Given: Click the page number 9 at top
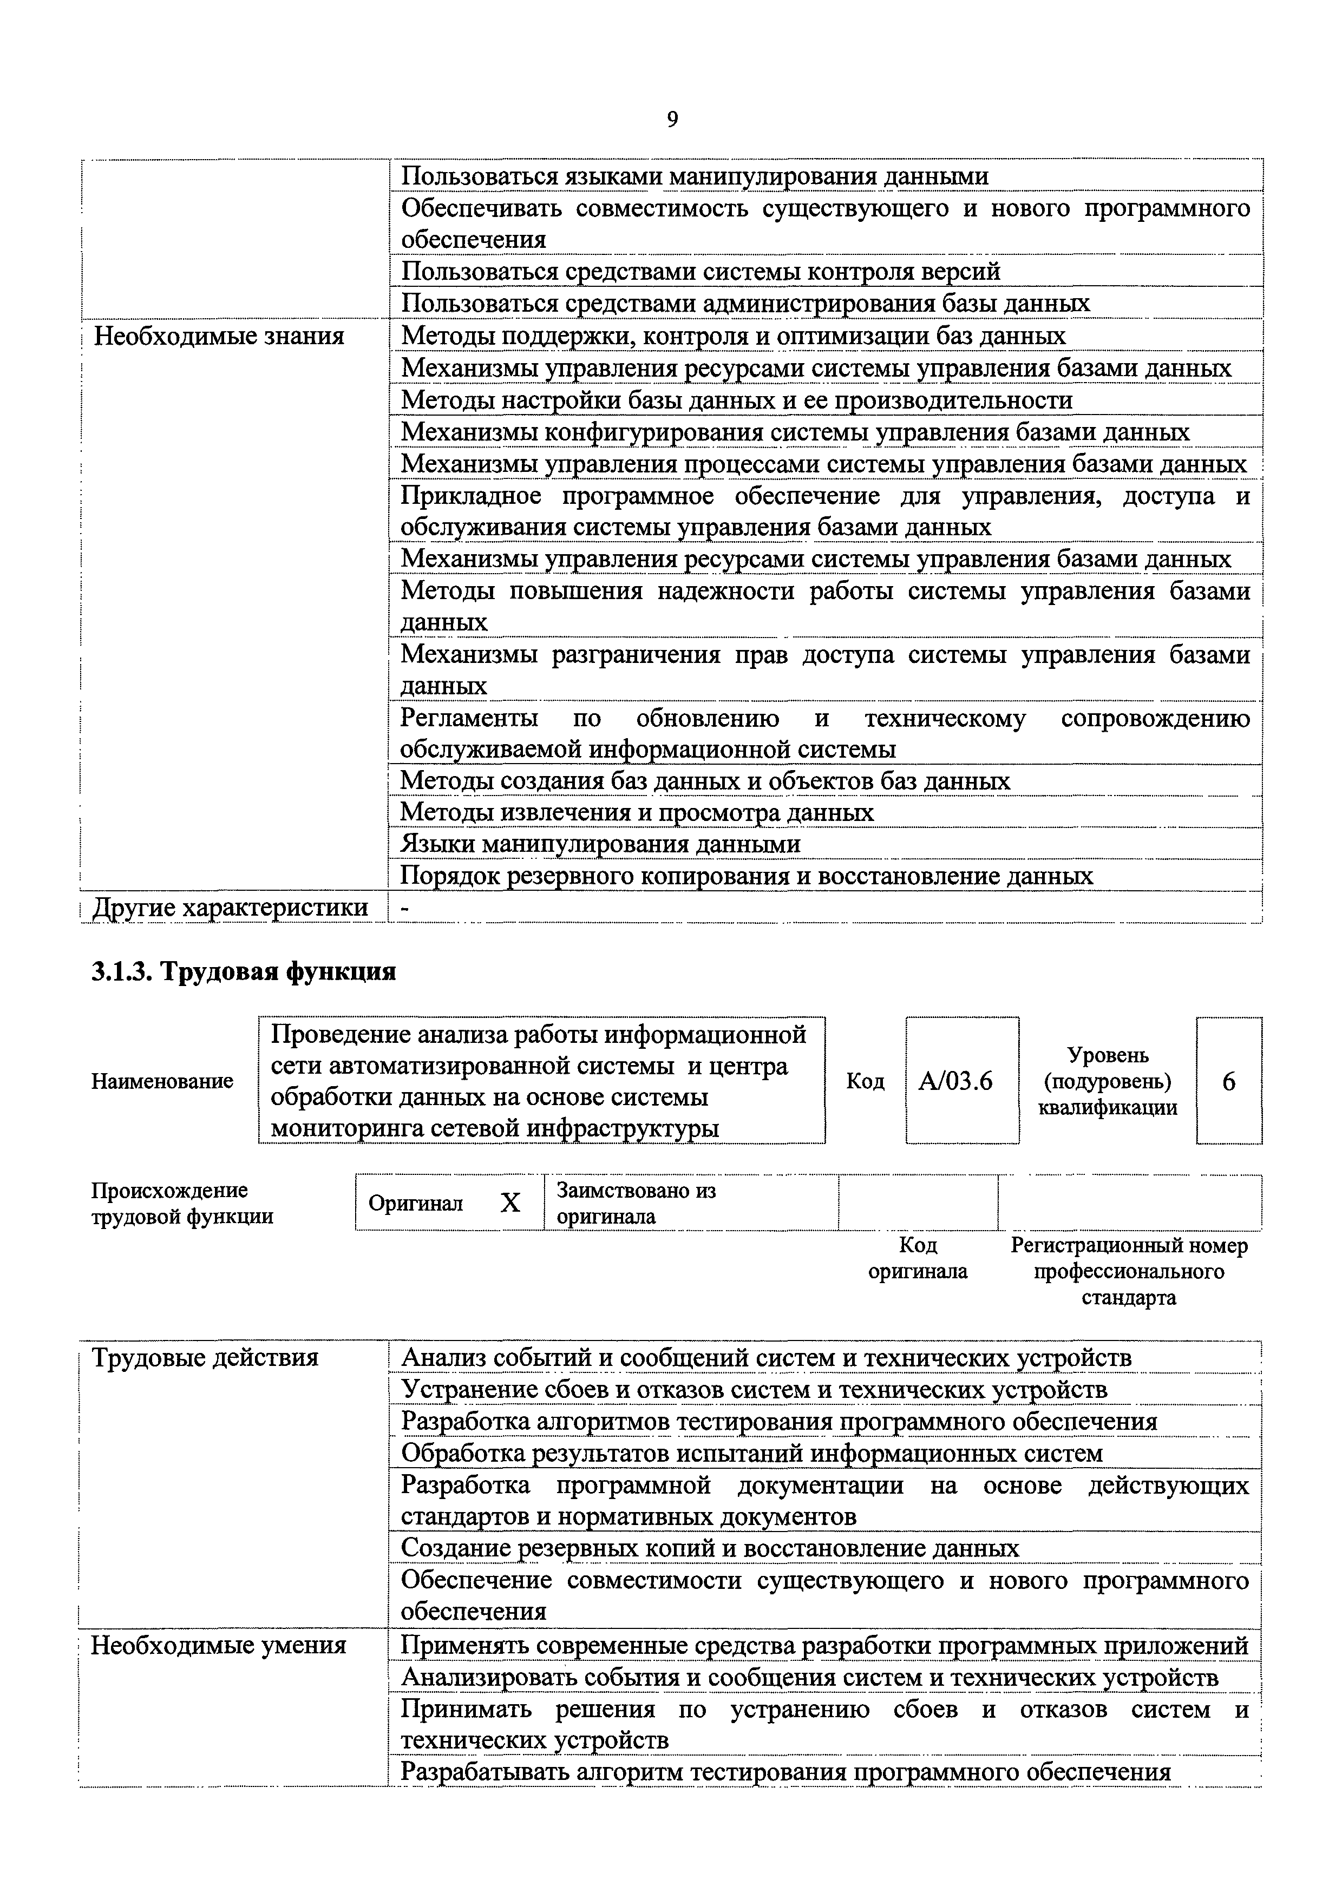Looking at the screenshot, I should pyautogui.click(x=672, y=121).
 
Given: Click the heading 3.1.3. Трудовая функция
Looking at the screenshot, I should pyautogui.click(x=243, y=971).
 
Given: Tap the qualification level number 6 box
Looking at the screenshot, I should pyautogui.click(x=1229, y=1081).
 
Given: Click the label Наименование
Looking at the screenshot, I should pyautogui.click(x=162, y=1081).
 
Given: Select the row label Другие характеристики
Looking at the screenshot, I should pyautogui.click(x=231, y=908).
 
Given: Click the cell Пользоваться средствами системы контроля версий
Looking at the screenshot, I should pyautogui.click(x=700, y=271).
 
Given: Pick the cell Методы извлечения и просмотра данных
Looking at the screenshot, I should pyautogui.click(x=636, y=812).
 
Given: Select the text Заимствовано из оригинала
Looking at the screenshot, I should pyautogui.click(x=636, y=1204).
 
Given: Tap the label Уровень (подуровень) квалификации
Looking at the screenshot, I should pyautogui.click(x=1107, y=1081).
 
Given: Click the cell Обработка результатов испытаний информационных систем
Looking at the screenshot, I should pyautogui.click(x=751, y=1453).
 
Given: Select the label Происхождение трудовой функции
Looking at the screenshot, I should pyautogui.click(x=182, y=1204).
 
